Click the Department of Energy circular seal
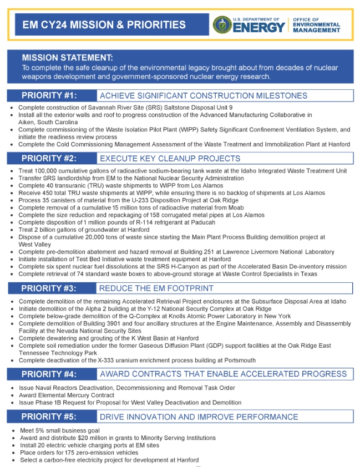(222, 25)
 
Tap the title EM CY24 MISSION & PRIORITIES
(104, 25)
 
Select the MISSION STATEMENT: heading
(67, 58)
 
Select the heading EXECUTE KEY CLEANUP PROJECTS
(170, 158)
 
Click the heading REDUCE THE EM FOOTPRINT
(156, 288)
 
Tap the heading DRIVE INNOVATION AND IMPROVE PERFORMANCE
(199, 417)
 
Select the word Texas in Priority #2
(309, 273)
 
